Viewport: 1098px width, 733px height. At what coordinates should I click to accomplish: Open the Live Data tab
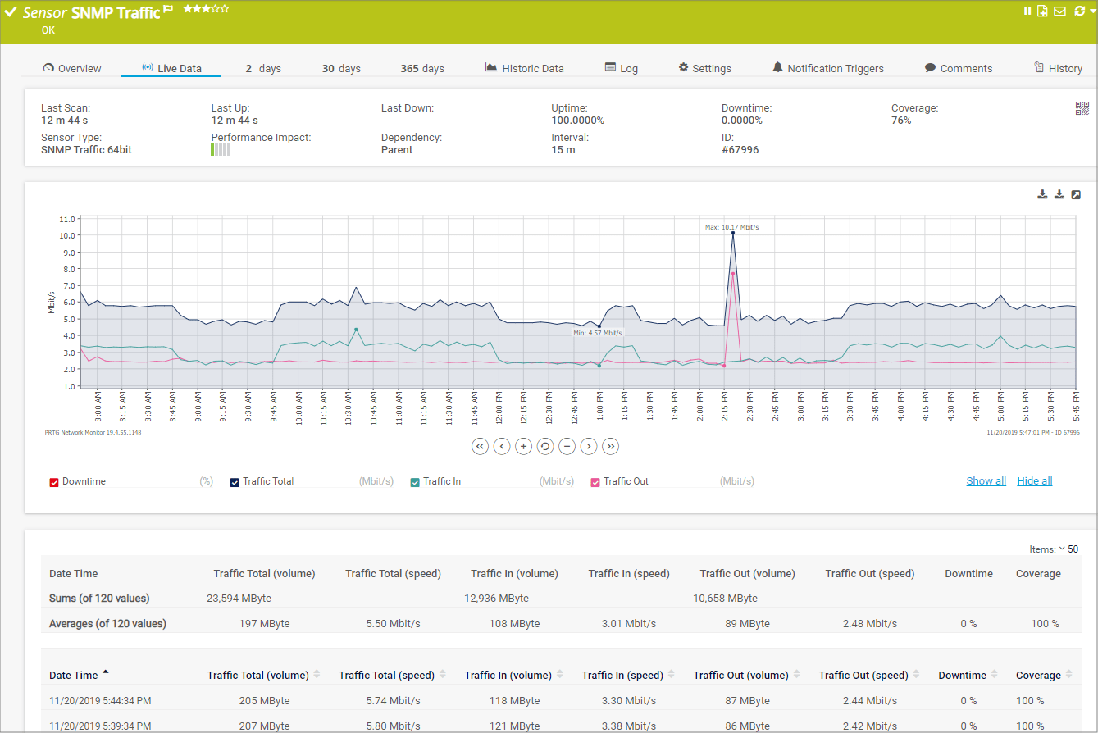point(171,69)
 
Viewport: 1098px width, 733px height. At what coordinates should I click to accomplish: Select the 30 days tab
point(341,69)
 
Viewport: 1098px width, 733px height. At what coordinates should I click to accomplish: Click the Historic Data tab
point(525,69)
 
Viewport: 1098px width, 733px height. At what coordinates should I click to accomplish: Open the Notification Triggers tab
point(828,69)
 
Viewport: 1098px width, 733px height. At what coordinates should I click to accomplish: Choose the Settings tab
point(704,69)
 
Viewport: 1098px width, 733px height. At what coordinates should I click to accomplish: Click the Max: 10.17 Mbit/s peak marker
point(732,234)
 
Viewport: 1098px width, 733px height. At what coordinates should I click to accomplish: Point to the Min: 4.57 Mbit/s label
point(598,333)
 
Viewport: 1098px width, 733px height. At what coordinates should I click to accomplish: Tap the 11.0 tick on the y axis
point(67,219)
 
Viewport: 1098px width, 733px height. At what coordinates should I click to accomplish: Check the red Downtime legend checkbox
point(54,482)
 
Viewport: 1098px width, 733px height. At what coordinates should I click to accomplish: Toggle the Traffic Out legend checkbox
point(595,482)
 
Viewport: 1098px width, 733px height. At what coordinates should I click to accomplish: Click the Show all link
point(986,481)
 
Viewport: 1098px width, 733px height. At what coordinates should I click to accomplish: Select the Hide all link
point(1035,481)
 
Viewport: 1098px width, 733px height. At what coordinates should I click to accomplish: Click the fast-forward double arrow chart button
point(610,446)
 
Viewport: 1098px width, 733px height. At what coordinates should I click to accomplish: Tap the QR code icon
point(1082,108)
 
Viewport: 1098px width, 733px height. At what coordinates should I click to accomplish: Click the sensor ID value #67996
point(740,150)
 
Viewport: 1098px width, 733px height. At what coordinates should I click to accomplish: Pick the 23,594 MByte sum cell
point(239,599)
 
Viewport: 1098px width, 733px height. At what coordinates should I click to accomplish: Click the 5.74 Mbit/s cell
point(393,701)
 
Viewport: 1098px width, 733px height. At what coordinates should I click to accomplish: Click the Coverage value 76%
point(901,121)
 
